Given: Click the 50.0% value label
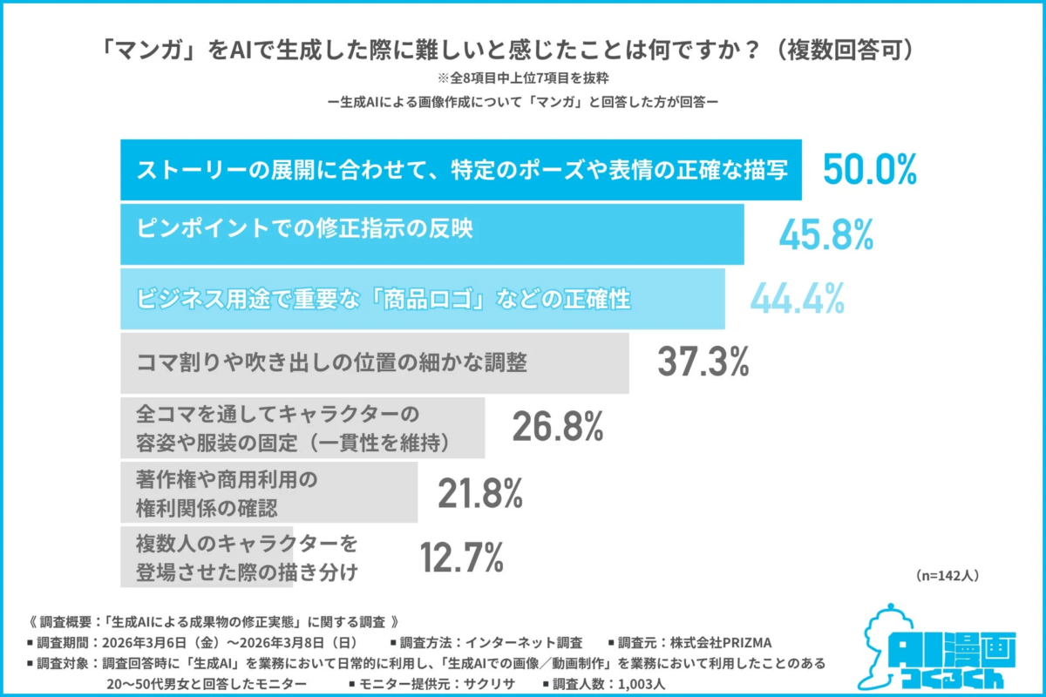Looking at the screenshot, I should [x=870, y=169].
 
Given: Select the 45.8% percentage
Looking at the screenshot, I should [x=825, y=234].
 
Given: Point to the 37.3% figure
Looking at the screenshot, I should [x=703, y=362].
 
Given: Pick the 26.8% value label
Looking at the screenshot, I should [x=558, y=427].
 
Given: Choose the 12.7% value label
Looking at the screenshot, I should [x=462, y=558].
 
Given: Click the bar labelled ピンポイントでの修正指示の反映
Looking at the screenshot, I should [x=431, y=234].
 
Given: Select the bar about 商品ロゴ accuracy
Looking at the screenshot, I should [x=422, y=299].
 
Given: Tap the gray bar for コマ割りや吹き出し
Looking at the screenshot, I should [x=374, y=362].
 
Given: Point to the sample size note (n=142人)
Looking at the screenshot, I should [x=948, y=576].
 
